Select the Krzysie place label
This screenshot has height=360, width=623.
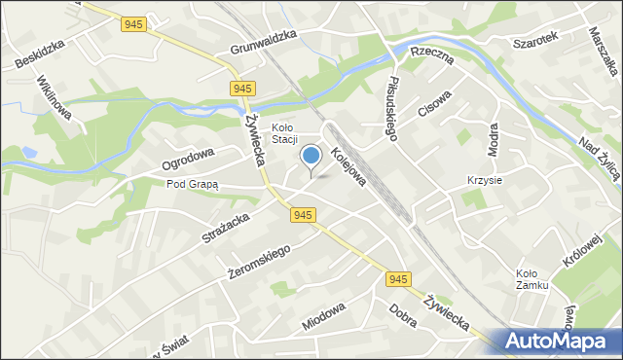click(485, 181)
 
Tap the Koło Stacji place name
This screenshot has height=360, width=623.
click(283, 132)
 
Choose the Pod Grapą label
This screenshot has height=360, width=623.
click(193, 183)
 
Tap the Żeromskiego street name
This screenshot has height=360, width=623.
click(259, 255)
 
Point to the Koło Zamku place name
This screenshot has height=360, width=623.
click(532, 279)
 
